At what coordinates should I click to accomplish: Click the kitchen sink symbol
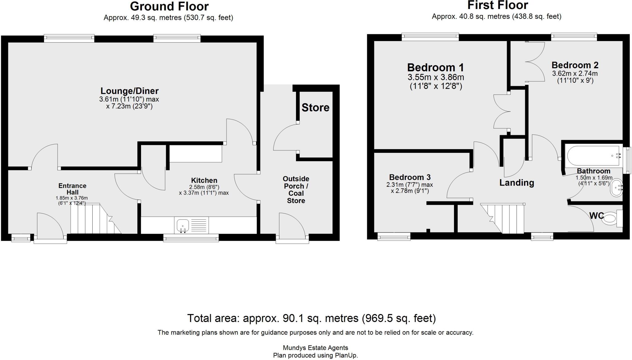click(183, 226)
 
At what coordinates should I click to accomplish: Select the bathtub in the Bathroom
click(593, 156)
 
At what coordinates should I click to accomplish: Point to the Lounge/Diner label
click(129, 91)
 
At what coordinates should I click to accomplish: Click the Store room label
click(315, 108)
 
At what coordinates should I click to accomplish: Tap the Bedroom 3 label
click(410, 178)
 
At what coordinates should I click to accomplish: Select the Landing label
click(517, 183)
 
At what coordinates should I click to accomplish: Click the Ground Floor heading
click(169, 6)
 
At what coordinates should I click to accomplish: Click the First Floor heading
click(497, 6)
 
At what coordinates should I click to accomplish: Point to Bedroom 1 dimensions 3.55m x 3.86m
click(435, 77)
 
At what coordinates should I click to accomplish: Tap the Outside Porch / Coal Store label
click(296, 190)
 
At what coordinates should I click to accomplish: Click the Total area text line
click(311, 318)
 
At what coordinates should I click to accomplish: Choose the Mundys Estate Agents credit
click(315, 348)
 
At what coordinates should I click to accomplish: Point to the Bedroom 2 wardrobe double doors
click(535, 62)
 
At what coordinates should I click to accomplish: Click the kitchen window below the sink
click(191, 238)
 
